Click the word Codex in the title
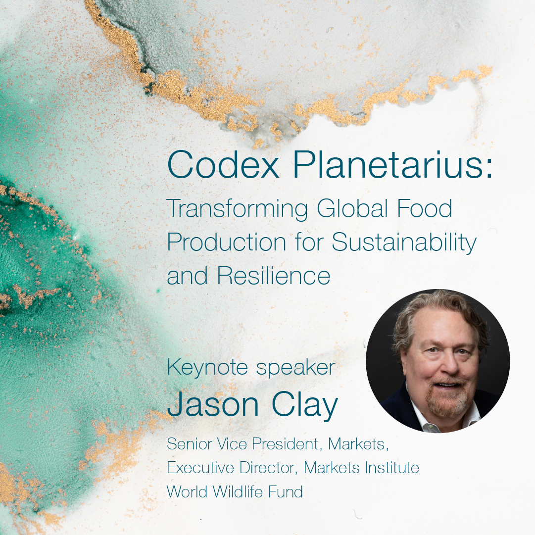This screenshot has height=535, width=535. pyautogui.click(x=223, y=164)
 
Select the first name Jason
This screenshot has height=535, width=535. pyautogui.click(x=213, y=404)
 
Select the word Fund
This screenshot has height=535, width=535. pyautogui.click(x=285, y=491)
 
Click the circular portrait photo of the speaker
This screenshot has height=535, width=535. pyautogui.click(x=438, y=361)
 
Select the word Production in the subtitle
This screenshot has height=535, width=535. pyautogui.click(x=226, y=243)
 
